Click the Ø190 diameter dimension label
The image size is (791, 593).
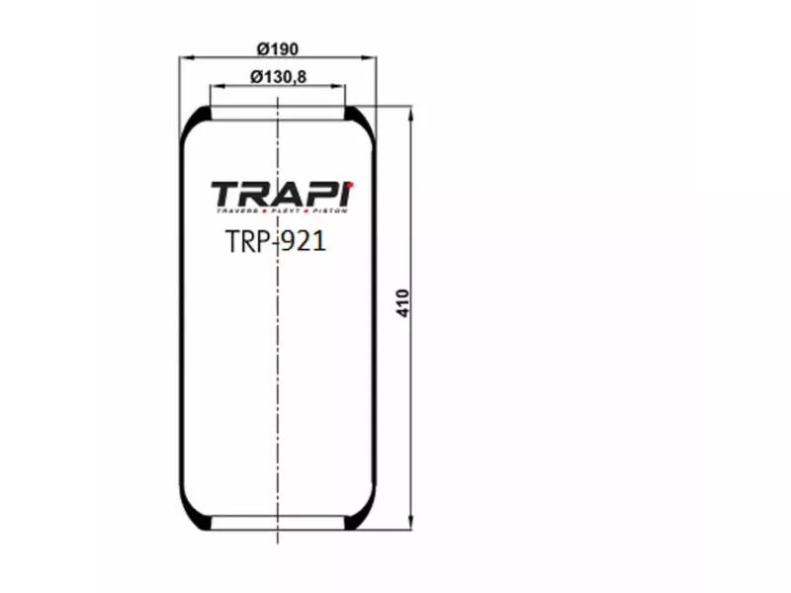point(278,48)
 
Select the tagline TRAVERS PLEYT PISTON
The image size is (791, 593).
point(282,212)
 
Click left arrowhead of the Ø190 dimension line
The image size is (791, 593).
point(183,59)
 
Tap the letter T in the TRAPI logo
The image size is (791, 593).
point(224,194)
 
